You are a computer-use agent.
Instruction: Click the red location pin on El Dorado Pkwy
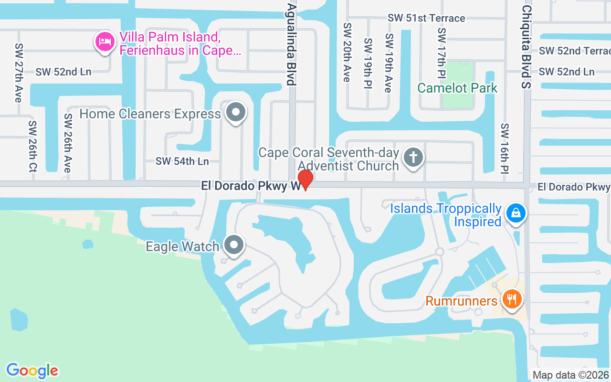[305, 180]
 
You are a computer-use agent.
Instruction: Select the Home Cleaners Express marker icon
[235, 113]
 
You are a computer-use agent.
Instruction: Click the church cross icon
[413, 157]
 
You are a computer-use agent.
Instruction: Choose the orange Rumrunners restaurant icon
[512, 300]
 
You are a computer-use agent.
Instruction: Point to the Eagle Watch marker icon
[234, 245]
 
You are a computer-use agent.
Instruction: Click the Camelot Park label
[457, 88]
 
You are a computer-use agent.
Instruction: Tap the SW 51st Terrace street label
[426, 18]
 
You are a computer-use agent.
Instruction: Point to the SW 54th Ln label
[182, 161]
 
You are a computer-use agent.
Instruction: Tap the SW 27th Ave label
[19, 73]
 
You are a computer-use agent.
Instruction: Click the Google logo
[32, 371]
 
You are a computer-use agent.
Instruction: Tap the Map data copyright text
[570, 375]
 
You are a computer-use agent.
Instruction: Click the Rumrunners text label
[461, 301]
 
